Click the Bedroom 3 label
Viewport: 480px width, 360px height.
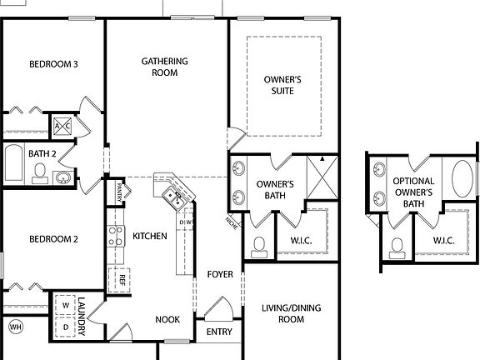[53, 64]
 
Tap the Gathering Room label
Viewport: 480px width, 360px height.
[164, 67]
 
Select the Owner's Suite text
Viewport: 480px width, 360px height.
[282, 86]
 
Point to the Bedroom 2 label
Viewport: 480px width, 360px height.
[53, 239]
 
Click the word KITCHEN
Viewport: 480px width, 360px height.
[150, 237]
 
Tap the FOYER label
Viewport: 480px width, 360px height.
[220, 274]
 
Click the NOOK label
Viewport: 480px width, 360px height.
[167, 319]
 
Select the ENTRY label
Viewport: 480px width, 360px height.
[220, 332]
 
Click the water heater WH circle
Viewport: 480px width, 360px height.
[15, 327]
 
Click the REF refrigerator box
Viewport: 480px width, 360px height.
[121, 278]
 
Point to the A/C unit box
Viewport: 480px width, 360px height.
[63, 127]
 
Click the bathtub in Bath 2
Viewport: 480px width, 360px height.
[14, 164]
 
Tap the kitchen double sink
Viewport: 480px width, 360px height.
[174, 198]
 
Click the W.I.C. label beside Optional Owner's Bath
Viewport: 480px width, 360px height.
[444, 241]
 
